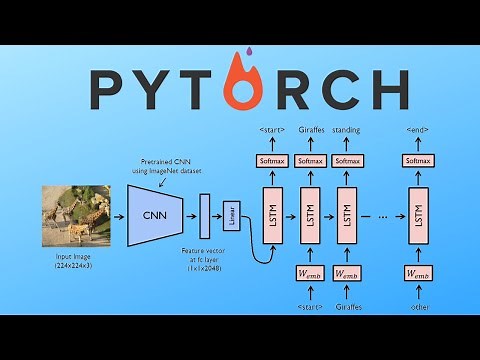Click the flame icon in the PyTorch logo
(x=236, y=89)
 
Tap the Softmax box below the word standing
(x=347, y=160)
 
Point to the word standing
(x=347, y=131)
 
